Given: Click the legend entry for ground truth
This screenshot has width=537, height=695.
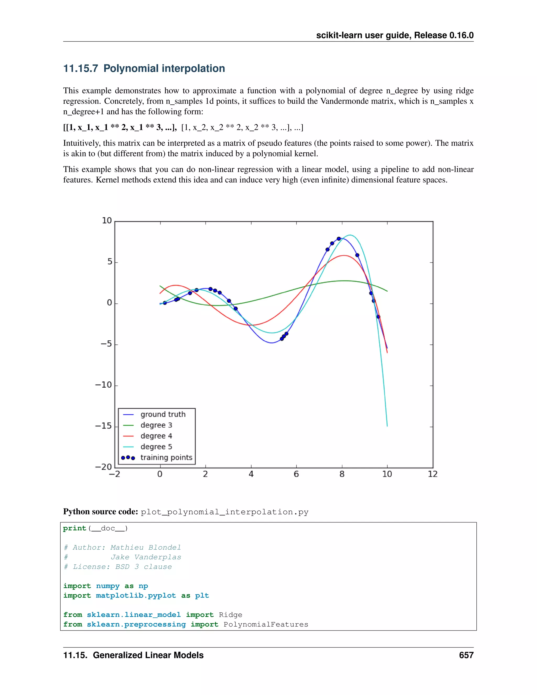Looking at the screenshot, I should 163,414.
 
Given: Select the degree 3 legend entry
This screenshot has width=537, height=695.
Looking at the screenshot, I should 156,425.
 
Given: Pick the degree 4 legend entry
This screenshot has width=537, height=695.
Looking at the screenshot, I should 156,436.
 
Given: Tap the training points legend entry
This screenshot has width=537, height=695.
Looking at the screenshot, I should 166,458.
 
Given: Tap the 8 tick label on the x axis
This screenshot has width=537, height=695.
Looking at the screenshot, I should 342,474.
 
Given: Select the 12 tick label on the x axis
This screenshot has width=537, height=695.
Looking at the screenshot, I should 433,474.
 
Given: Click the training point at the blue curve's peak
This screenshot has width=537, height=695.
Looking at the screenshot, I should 339,239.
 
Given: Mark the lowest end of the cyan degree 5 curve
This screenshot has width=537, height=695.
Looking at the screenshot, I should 387,426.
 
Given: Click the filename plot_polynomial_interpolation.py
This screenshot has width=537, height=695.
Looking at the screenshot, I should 225,512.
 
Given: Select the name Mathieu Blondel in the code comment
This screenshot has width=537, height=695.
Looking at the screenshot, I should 146,548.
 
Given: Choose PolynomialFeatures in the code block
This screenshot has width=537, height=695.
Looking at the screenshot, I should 266,624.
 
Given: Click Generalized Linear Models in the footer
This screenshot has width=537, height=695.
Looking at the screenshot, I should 148,655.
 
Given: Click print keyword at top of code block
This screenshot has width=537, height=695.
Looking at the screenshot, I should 74,528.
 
